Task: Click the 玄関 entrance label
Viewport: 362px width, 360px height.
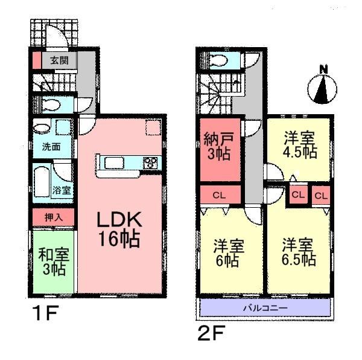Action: click(x=59, y=60)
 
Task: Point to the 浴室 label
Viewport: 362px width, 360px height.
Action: click(x=62, y=190)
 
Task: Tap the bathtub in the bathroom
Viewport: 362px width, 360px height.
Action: click(x=42, y=181)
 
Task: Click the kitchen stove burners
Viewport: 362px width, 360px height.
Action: click(x=149, y=162)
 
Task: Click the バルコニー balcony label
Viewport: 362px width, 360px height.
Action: click(x=265, y=309)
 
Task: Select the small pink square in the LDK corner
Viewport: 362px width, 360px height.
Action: click(x=152, y=128)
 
